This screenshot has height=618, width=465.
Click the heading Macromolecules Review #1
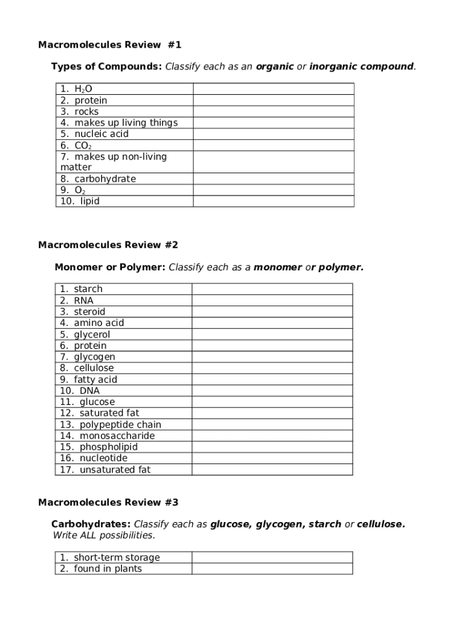pyautogui.click(x=109, y=45)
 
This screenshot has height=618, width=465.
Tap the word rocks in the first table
pyautogui.click(x=86, y=112)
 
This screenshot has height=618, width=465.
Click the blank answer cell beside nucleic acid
pyautogui.click(x=273, y=134)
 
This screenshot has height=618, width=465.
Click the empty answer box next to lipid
pyautogui.click(x=273, y=201)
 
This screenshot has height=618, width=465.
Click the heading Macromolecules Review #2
pyautogui.click(x=108, y=245)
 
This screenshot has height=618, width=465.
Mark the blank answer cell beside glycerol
pyautogui.click(x=272, y=334)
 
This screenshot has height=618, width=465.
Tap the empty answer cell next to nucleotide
pyautogui.click(x=272, y=458)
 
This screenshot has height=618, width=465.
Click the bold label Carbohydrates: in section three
pyautogui.click(x=91, y=524)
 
